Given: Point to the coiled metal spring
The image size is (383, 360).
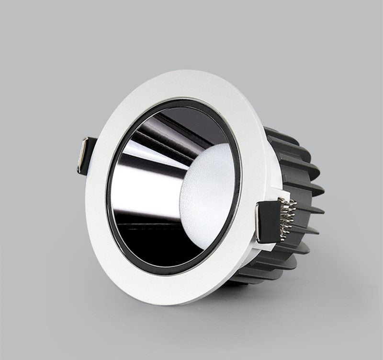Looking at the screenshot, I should click(x=288, y=219).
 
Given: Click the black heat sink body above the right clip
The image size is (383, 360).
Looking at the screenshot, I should click(x=292, y=173).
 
